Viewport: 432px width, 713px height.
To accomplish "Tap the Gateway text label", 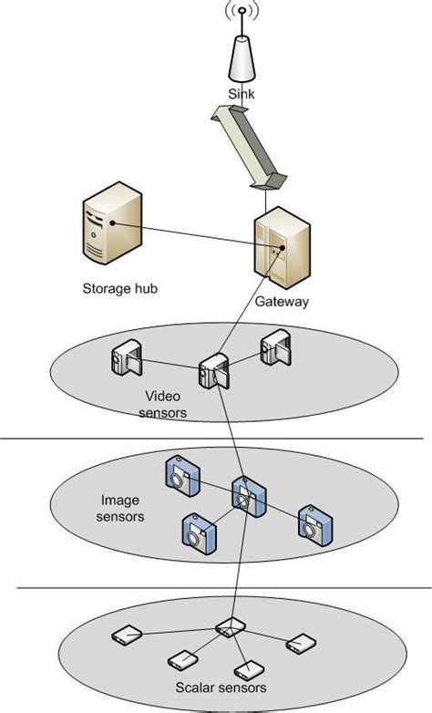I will (x=282, y=302).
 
